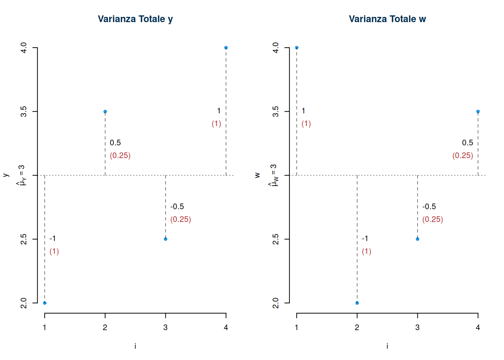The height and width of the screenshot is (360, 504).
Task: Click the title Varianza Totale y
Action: pos(135,19)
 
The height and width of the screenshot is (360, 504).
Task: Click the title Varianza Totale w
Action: pos(387,19)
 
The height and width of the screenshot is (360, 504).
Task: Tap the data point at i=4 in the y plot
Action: pos(226,48)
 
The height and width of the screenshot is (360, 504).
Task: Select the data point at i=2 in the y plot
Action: pos(105,111)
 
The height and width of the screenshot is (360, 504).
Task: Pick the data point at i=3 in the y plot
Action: pos(165,239)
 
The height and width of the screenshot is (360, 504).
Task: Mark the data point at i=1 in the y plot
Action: pos(45,303)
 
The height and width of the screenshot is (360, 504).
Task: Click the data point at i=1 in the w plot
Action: pos(297,48)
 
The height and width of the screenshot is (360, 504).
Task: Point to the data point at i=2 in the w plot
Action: pos(357,303)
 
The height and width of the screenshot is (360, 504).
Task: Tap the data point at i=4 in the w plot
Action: pos(478,111)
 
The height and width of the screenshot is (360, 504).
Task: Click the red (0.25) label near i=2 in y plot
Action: pos(120,156)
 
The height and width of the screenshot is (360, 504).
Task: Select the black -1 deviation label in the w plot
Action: pos(365,238)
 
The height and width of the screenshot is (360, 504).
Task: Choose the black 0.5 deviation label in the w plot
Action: pos(467,143)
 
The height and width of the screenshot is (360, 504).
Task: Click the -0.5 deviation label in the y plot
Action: pos(177,207)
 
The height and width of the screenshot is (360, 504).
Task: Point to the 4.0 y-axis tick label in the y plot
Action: pos(24,48)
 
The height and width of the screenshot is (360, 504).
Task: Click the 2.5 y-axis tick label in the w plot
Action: pos(276,239)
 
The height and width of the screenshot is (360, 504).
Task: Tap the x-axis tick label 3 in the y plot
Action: pos(165,327)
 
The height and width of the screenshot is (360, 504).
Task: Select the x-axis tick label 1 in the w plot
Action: pos(297,327)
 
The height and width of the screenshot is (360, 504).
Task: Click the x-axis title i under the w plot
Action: pos(387,346)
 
